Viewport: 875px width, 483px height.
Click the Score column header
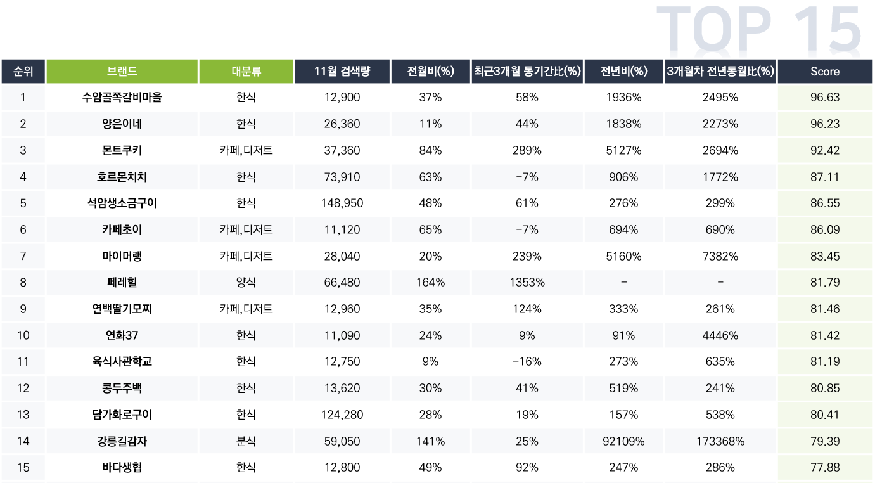tap(824, 72)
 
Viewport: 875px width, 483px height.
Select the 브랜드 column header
tap(122, 72)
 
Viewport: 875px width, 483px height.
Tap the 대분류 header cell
tap(246, 72)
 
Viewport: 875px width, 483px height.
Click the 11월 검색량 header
tap(342, 72)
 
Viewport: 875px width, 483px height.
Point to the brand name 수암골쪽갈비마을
tap(122, 98)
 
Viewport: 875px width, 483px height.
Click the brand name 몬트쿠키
tap(122, 150)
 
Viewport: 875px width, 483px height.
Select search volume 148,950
tap(342, 203)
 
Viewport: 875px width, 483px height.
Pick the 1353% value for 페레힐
tap(527, 282)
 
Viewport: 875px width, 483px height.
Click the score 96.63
tap(824, 98)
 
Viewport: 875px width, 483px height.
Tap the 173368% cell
tap(720, 441)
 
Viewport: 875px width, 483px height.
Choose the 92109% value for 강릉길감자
tap(623, 441)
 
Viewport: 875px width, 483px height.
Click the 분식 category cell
tap(246, 441)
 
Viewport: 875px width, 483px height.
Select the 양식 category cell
tap(246, 282)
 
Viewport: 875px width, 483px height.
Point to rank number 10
tap(23, 335)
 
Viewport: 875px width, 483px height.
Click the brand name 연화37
tap(122, 335)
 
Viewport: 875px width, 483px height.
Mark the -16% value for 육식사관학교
tap(527, 361)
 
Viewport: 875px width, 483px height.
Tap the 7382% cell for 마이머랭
tap(720, 256)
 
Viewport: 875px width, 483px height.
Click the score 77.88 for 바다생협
tap(824, 467)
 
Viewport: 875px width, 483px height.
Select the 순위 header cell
tap(23, 72)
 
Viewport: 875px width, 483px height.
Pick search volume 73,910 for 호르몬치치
tap(342, 177)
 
